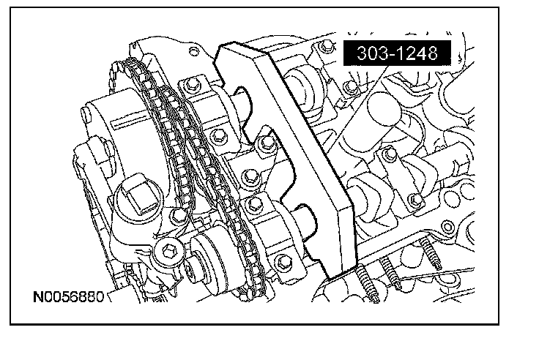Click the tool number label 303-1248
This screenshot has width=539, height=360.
pos(397,53)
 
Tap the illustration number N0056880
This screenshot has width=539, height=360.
pos(68,297)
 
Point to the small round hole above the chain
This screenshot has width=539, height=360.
pos(194,52)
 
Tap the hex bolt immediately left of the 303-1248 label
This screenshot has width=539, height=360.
pos(326,46)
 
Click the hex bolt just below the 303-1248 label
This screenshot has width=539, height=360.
pos(351,86)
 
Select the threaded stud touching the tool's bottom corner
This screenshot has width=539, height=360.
pos(367,283)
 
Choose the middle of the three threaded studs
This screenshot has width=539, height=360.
pos(390,272)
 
